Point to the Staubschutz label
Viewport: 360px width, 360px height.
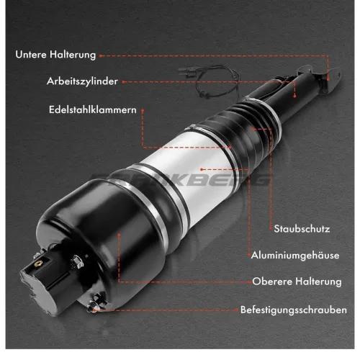click(x=302, y=229)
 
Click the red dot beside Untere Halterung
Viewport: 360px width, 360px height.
click(x=102, y=55)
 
